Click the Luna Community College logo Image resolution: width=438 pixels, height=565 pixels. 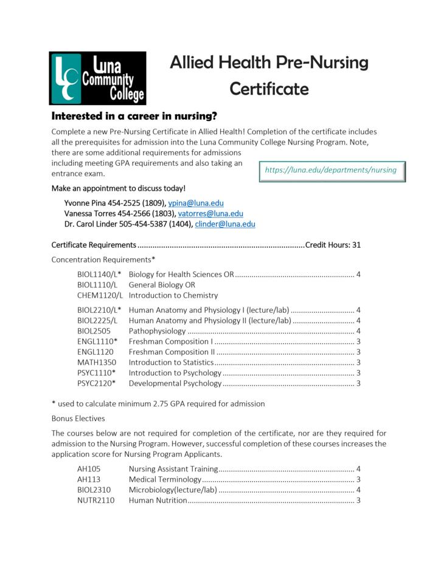(97, 78)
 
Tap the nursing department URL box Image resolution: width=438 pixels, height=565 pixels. (331, 171)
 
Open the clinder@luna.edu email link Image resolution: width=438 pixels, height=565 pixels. (225, 224)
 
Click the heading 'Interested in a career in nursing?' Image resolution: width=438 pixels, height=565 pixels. (134, 116)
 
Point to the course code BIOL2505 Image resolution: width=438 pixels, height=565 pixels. (94, 331)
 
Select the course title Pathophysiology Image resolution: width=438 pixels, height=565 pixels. (157, 331)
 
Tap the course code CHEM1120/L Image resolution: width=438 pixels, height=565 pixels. (100, 295)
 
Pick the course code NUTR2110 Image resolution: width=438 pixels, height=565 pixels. (96, 501)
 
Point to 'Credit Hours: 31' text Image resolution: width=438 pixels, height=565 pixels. (333, 245)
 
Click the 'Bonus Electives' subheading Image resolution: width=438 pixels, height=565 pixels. (78, 418)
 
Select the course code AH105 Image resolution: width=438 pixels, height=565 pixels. (89, 469)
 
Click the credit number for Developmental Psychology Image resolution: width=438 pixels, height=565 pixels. (358, 383)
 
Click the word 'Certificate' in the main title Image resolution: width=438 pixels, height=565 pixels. (269, 89)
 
